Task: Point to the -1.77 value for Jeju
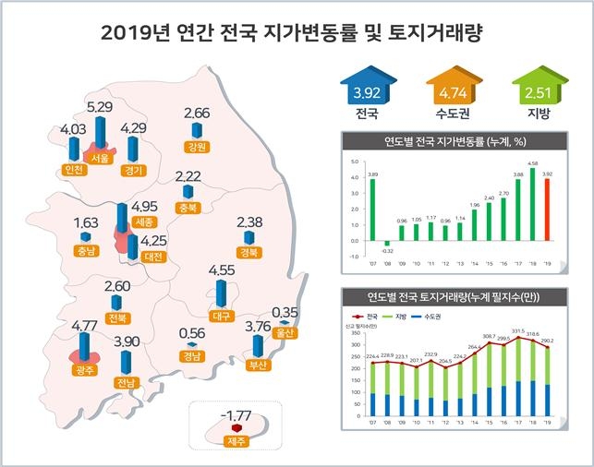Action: pos(236,413)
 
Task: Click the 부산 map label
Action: pos(258,365)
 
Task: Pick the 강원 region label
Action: pos(196,146)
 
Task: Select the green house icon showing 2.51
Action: pos(532,92)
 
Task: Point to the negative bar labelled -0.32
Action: pos(388,243)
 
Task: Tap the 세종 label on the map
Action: pos(143,222)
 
